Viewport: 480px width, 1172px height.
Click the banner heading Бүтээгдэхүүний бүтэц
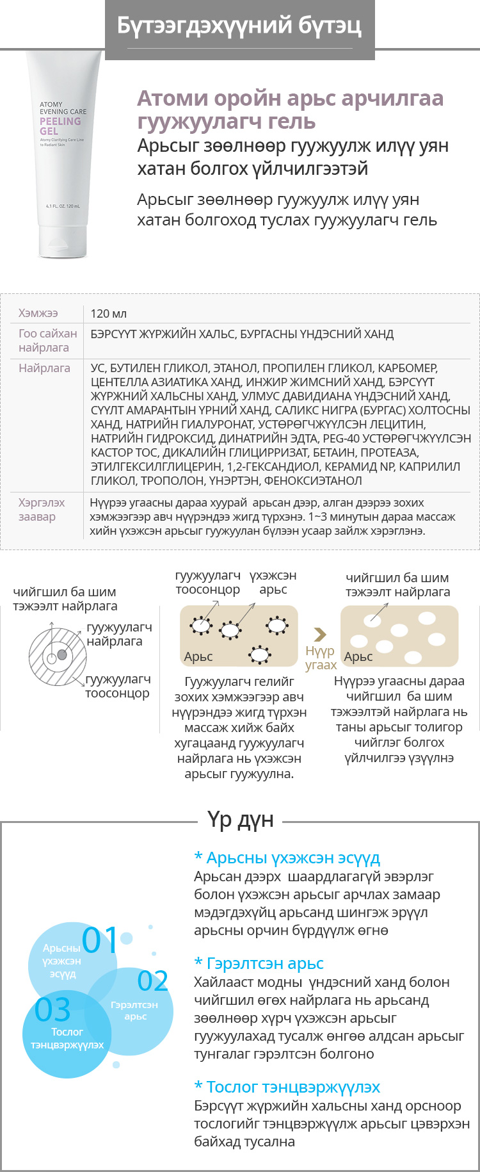(x=239, y=26)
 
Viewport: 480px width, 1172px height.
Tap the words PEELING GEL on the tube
(x=60, y=126)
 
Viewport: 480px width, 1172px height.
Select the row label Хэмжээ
(x=38, y=313)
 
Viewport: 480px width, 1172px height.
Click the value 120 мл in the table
(x=109, y=314)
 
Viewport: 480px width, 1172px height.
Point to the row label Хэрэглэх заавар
(x=42, y=510)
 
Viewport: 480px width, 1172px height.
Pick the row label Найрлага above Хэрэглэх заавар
(x=44, y=368)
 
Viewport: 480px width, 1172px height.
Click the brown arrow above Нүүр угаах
(x=320, y=635)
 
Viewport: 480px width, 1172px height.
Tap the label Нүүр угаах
(x=321, y=658)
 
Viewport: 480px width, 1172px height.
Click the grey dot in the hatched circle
(x=62, y=655)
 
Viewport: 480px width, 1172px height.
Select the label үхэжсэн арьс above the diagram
(x=273, y=582)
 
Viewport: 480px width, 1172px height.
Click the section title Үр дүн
(x=240, y=820)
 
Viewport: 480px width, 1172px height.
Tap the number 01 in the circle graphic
(x=100, y=940)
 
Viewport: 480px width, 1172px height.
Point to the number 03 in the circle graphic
(x=52, y=1010)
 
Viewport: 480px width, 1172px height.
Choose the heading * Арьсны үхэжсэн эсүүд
(x=287, y=858)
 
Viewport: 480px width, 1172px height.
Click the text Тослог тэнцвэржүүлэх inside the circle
(x=67, y=1038)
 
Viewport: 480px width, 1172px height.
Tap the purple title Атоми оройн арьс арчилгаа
(x=290, y=98)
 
